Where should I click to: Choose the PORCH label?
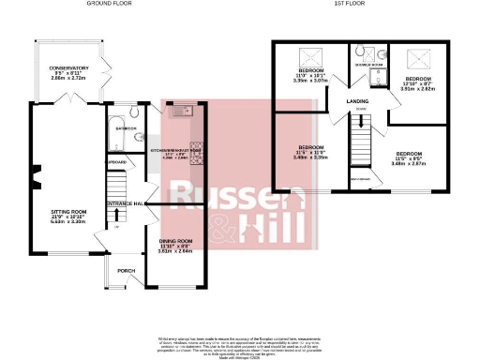coord(126,271)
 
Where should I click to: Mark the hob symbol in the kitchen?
coord(198,158)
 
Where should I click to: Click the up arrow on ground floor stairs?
coord(116,226)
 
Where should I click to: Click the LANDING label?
coord(356,100)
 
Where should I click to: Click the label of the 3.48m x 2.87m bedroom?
coord(410,154)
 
